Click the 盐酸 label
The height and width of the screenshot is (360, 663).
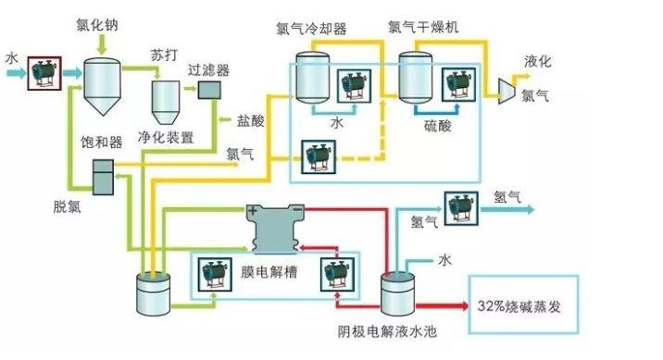tap(250, 120)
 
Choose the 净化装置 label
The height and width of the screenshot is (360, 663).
tap(167, 138)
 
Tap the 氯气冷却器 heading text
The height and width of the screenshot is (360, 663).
tap(311, 28)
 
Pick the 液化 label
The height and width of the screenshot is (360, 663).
tap(538, 61)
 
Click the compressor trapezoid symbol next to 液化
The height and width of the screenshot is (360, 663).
tap(507, 87)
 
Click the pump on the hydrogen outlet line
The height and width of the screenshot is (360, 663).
tap(460, 207)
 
